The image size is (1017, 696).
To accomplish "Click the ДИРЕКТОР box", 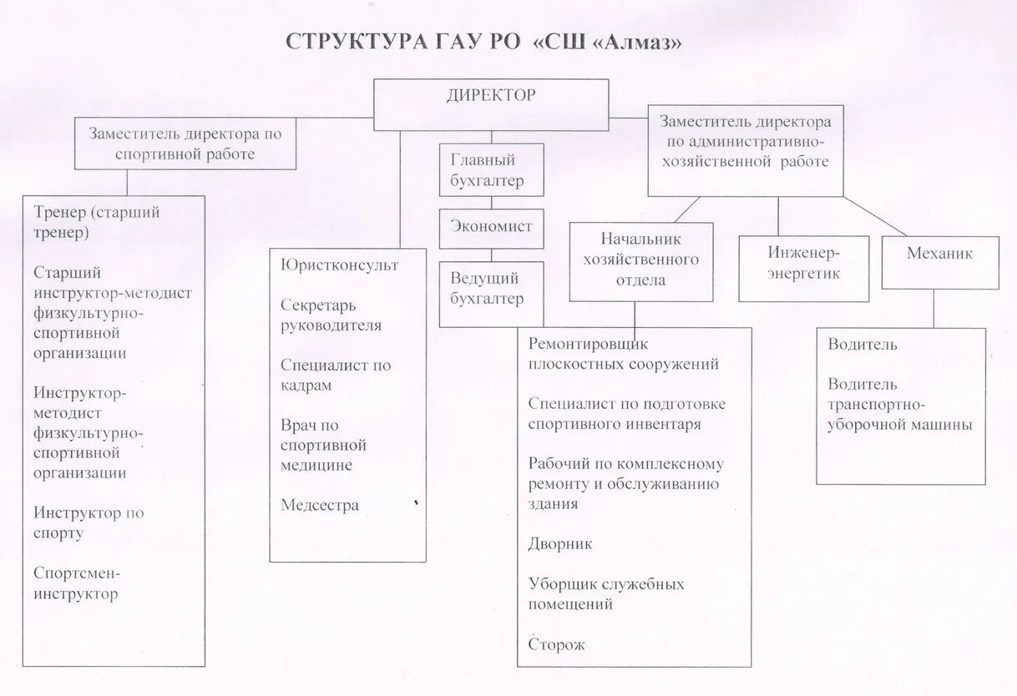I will click(x=490, y=104).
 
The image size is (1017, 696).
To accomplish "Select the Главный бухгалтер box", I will click(x=491, y=169).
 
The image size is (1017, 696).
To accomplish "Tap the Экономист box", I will click(x=491, y=228).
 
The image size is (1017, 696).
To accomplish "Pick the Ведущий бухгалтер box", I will click(x=491, y=293).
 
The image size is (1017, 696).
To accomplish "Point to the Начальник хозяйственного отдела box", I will click(x=640, y=260).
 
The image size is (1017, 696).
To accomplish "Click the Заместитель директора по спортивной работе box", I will click(x=185, y=144).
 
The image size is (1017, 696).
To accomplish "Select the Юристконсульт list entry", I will click(x=339, y=265).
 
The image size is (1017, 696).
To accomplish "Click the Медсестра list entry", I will click(x=320, y=505).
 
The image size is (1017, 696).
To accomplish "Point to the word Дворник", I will click(x=559, y=544).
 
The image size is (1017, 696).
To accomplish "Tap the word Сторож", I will click(x=556, y=644).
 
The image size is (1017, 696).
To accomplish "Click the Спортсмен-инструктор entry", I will click(x=77, y=583).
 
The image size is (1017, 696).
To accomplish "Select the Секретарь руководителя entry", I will click(x=331, y=315).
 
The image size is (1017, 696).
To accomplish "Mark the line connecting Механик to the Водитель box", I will click(x=934, y=308).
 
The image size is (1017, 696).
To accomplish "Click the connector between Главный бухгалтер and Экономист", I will click(x=491, y=203).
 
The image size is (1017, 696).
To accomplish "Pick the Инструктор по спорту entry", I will click(x=89, y=522).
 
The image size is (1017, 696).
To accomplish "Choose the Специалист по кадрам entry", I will click(x=335, y=375).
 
